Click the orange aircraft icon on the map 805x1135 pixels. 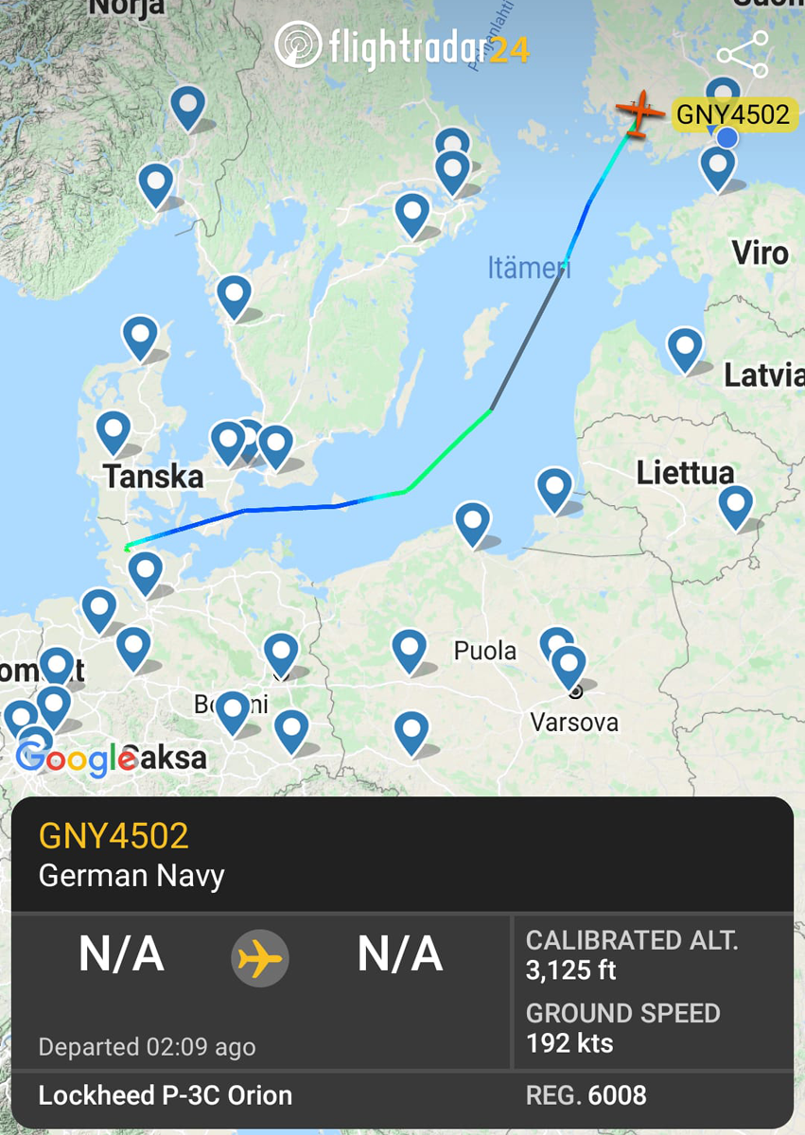(640, 113)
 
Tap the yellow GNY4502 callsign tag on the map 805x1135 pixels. (732, 115)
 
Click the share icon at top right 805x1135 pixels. (743, 55)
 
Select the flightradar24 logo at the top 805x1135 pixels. (402, 46)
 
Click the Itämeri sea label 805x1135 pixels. (529, 268)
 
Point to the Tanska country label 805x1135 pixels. (153, 476)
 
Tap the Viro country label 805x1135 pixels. (760, 253)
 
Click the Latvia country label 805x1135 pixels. (763, 375)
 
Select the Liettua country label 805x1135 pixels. (685, 472)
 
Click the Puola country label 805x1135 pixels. (485, 651)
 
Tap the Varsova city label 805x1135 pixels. (574, 723)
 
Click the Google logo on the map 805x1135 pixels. (74, 758)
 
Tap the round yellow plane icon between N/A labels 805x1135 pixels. (260, 958)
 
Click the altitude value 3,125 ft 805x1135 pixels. (571, 970)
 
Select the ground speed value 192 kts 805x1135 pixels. (569, 1043)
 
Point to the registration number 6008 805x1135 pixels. (617, 1095)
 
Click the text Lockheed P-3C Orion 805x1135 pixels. (166, 1095)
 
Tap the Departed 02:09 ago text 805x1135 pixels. (147, 1047)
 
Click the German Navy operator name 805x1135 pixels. (131, 876)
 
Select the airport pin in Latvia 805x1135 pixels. (684, 347)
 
